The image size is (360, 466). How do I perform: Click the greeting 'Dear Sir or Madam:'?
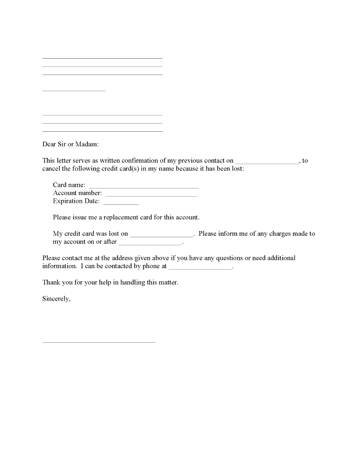click(70, 144)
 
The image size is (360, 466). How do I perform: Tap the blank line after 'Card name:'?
click(143, 187)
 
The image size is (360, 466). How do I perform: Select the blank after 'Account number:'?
click(151, 195)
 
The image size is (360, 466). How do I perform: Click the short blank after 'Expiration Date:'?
click(120, 204)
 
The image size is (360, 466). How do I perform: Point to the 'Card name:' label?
click(69, 185)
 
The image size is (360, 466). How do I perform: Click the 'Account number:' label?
click(77, 193)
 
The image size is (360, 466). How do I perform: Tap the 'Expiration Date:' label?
click(76, 202)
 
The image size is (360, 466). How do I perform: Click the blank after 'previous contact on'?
click(267, 163)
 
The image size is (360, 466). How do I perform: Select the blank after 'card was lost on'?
click(161, 236)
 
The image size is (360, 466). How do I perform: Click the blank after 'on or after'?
click(150, 244)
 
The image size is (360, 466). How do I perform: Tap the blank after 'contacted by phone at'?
click(200, 269)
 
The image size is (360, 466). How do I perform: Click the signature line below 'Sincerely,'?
click(98, 342)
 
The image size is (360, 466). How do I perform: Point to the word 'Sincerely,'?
click(56, 299)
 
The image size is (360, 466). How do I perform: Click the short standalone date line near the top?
click(74, 90)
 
